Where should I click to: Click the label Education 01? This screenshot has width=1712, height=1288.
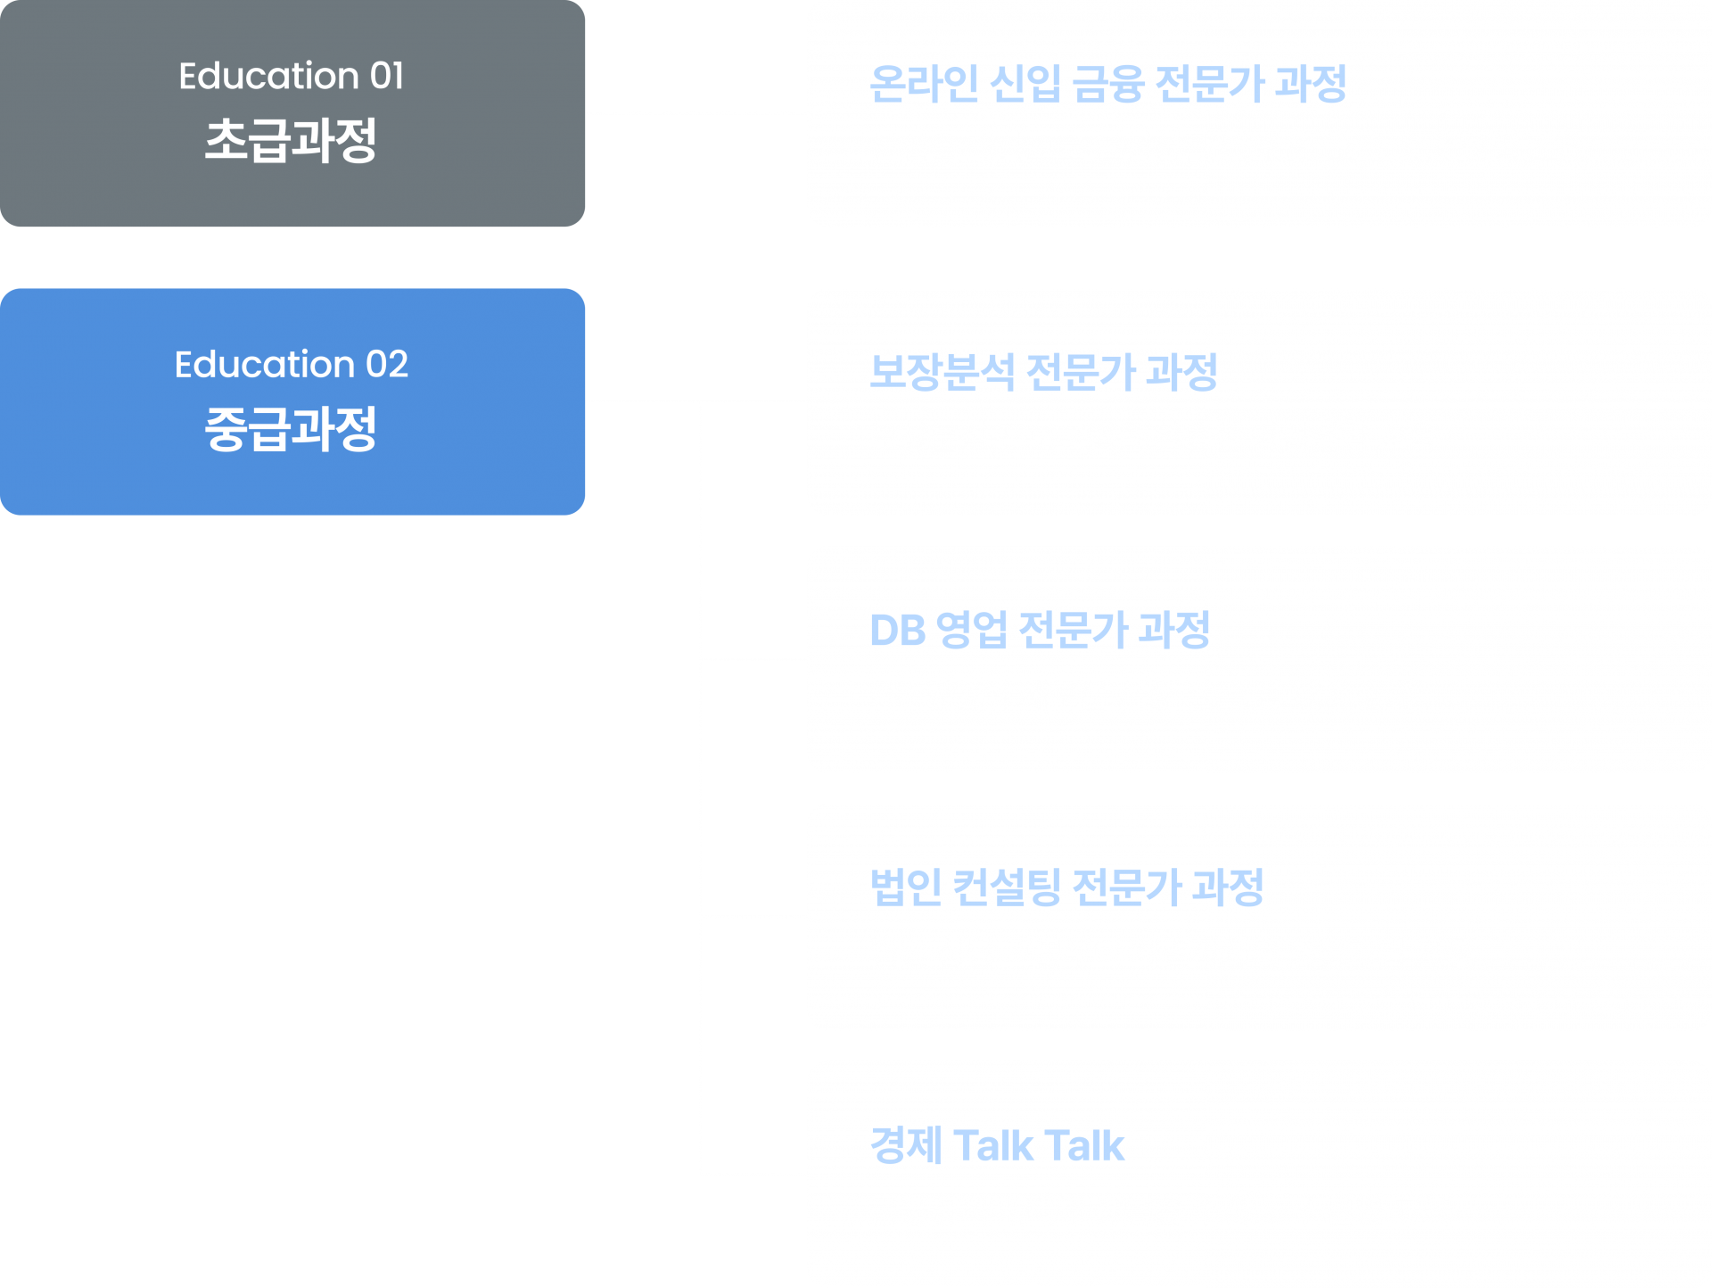tap(291, 77)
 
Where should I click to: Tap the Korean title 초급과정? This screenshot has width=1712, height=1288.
tap(291, 141)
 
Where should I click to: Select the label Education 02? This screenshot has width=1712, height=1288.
tap(291, 365)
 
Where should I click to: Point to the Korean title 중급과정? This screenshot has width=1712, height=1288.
tap(291, 429)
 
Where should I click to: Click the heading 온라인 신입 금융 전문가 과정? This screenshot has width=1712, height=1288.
tap(1107, 84)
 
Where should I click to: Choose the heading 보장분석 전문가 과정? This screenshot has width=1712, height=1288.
tap(1043, 372)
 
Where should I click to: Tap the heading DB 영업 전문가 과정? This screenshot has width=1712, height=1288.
tap(1040, 630)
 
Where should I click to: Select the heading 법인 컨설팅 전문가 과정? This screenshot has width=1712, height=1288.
tap(1066, 888)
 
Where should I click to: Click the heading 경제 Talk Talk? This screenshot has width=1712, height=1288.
tap(997, 1145)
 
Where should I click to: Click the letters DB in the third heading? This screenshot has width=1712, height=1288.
tap(897, 631)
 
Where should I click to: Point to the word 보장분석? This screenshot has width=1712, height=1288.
tap(942, 372)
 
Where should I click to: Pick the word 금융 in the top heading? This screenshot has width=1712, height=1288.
tap(1108, 84)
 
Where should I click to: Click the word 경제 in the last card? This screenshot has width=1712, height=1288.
tap(905, 1145)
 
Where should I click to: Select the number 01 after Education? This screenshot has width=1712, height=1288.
tap(387, 77)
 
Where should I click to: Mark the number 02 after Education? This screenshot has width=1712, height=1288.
tap(387, 365)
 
